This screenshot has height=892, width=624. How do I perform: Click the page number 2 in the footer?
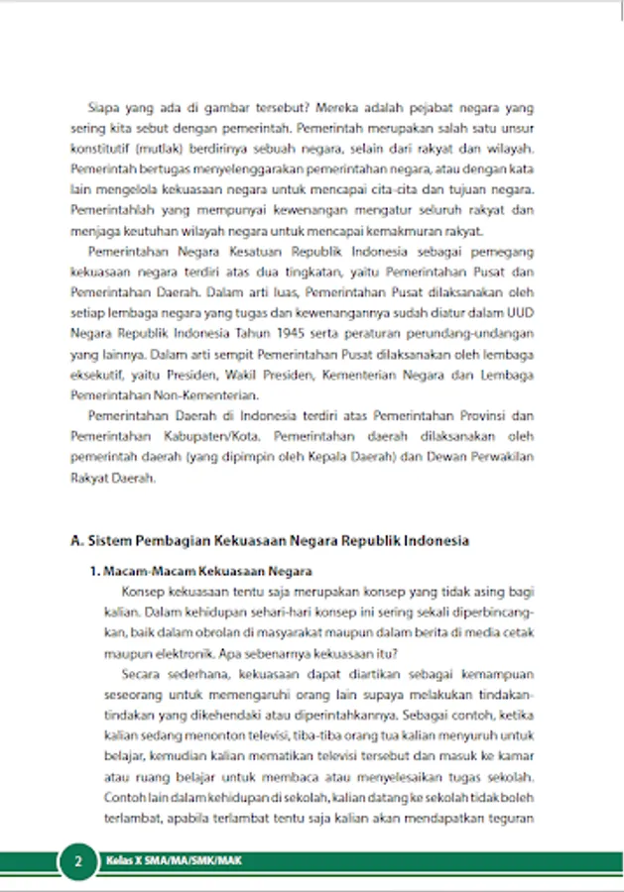(77, 861)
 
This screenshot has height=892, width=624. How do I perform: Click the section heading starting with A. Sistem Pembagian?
(270, 541)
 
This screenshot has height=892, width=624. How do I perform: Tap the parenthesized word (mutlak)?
(152, 148)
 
